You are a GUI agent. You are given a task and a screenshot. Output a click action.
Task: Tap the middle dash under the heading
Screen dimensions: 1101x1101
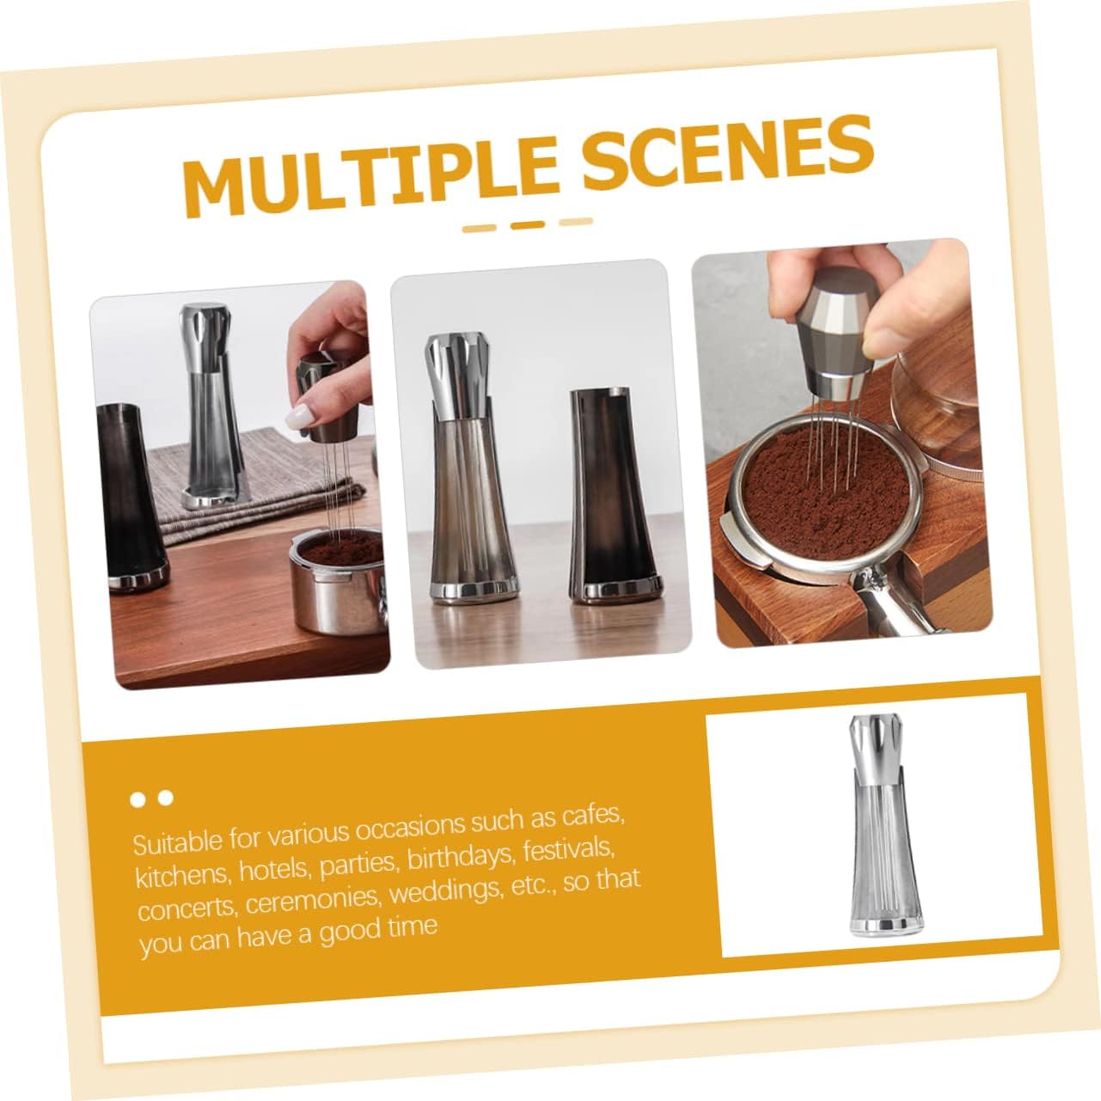click(x=528, y=224)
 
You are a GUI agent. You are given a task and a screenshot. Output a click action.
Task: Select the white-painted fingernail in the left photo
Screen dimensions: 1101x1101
click(x=297, y=419)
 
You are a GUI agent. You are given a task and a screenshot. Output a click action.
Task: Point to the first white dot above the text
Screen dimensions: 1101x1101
click(x=138, y=800)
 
